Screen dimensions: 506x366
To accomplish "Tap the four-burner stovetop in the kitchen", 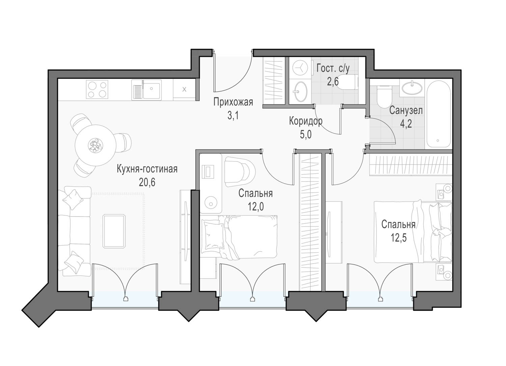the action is point(97,90).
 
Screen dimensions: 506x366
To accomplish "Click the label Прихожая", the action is point(233,102).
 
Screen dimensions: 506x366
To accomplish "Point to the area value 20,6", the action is point(147,182).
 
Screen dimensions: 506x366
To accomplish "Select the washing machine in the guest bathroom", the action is point(300,68).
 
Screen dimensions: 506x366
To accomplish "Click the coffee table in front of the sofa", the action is point(114,231).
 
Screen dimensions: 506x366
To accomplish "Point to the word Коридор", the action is point(306,121).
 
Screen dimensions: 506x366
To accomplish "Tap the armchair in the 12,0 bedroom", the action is point(240,172).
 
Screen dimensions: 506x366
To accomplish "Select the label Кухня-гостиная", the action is point(147,169).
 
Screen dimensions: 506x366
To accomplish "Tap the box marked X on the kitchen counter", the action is point(184,90).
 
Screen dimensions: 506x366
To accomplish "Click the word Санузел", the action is point(406,111).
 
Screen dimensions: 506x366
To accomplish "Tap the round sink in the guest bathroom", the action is point(300,92).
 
